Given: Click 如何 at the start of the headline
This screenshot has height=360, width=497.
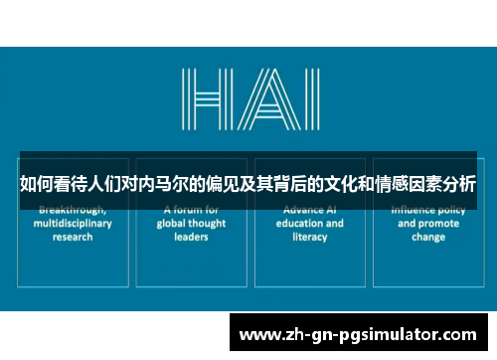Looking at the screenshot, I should [37, 184].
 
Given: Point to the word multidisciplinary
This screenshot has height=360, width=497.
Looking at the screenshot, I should [74, 224].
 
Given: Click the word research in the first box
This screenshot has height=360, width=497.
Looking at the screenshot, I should [74, 238].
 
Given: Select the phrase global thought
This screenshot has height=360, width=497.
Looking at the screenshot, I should [191, 224].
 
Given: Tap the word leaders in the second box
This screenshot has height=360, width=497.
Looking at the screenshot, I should [191, 238].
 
